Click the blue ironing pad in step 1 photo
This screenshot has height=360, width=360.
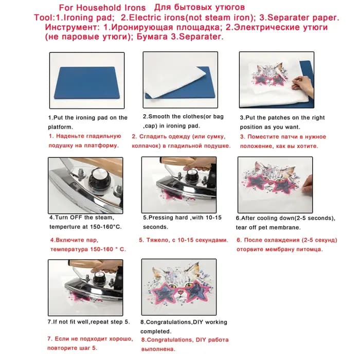[x=87, y=83]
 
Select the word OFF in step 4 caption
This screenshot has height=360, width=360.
[x=76, y=218]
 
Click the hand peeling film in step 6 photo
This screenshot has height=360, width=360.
[x=307, y=184]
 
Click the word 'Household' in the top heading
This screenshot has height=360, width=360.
[x=99, y=8]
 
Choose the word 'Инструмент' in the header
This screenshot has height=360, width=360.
[x=71, y=27]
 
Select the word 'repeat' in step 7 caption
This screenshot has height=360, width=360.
[x=100, y=322]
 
